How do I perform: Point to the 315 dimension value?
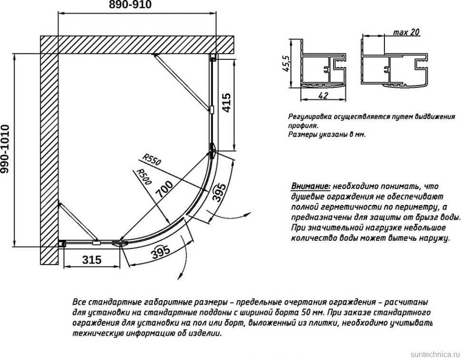click(92, 260)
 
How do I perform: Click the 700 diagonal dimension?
click(163, 189)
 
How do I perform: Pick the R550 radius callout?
click(152, 160)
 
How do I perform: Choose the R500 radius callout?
click(143, 177)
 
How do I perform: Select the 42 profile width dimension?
click(323, 95)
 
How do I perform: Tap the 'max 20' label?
click(406, 32)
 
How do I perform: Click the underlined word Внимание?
click(310, 186)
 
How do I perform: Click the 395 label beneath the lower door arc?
click(161, 253)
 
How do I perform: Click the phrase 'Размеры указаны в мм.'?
click(327, 134)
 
